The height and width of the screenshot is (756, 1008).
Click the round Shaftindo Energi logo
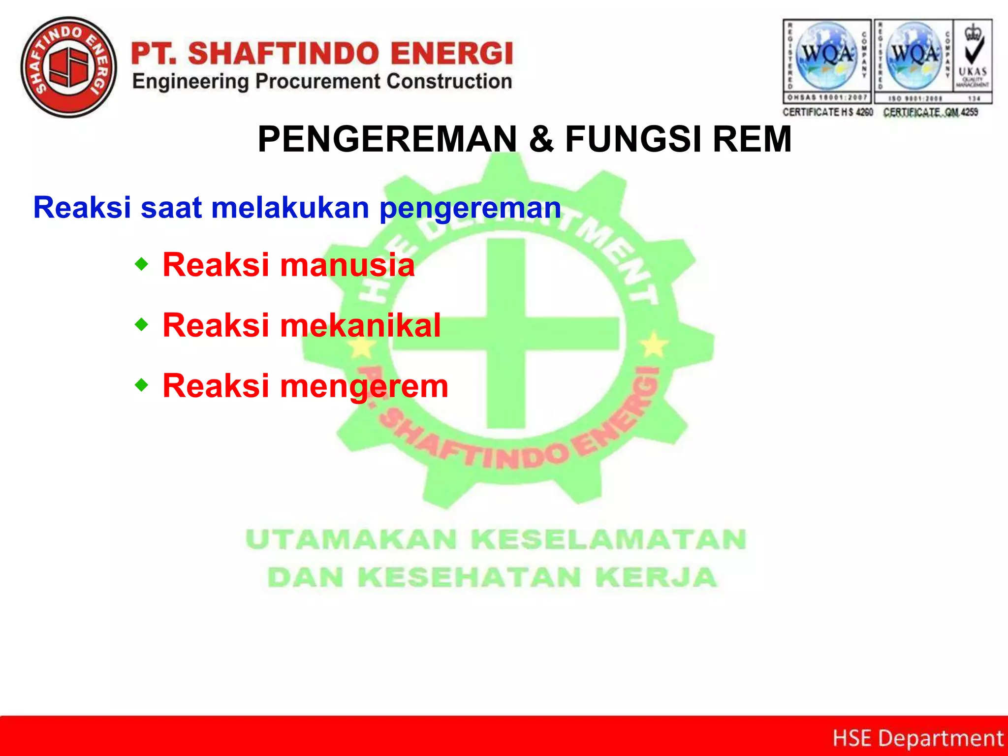coord(69,67)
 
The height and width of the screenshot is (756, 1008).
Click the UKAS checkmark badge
coord(973,61)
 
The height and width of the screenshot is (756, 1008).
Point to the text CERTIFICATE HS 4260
coord(827,112)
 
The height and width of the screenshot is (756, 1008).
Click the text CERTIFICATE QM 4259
coord(930,112)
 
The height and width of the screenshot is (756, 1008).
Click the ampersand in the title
coord(541,139)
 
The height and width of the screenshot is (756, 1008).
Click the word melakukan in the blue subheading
coord(290,207)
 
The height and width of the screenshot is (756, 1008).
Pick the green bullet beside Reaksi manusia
coord(141,265)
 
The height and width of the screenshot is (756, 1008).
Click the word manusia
coord(347,265)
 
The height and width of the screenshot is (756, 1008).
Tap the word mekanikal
coord(360,325)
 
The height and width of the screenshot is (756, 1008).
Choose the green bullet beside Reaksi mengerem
coord(141,385)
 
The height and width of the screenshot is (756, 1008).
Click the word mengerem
coord(364,386)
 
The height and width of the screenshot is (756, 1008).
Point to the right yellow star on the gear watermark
coord(654,344)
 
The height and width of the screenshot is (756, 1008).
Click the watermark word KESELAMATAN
coord(609,539)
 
